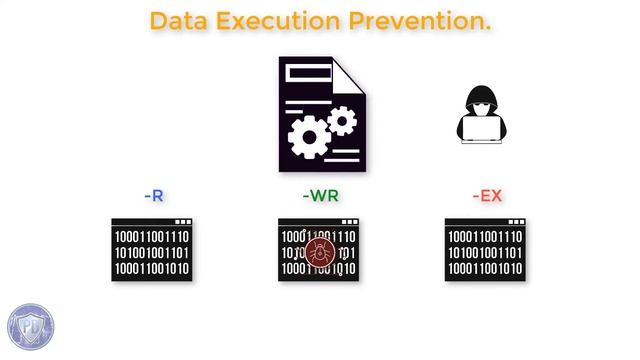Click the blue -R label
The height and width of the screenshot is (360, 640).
click(153, 195)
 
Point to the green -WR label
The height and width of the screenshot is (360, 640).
click(320, 195)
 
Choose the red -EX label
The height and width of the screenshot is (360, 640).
click(487, 195)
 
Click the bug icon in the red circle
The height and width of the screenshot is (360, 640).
click(321, 253)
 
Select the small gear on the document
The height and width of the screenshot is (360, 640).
click(342, 121)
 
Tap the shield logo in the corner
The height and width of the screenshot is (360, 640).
click(29, 327)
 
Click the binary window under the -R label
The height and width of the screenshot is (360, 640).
click(152, 250)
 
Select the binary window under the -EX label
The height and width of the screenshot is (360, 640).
click(485, 250)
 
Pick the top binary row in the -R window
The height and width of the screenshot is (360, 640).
click(152, 236)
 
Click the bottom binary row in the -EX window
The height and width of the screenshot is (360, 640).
click(485, 269)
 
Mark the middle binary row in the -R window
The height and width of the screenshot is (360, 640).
click(152, 252)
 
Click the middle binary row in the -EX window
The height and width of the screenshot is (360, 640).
click(485, 252)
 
